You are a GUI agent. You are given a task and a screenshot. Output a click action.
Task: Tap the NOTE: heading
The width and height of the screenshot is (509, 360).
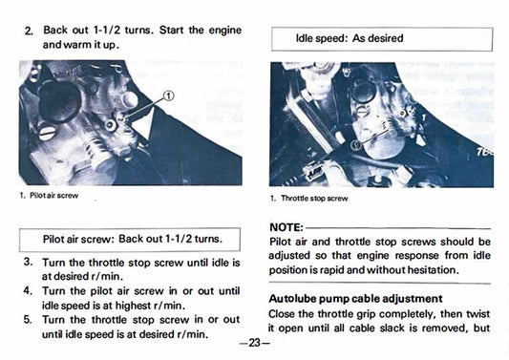pos(287,227)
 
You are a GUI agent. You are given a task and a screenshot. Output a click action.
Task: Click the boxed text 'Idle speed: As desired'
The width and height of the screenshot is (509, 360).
pos(350,38)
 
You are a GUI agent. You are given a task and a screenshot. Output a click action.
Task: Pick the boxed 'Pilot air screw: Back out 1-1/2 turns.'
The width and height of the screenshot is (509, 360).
pos(132,238)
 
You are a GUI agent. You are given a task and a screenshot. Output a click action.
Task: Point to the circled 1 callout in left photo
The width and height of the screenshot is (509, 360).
pos(168,95)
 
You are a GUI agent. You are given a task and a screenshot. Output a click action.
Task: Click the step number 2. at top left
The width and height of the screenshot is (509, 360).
pos(29,31)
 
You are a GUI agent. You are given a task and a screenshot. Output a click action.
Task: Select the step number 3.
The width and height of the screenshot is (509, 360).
pos(29,261)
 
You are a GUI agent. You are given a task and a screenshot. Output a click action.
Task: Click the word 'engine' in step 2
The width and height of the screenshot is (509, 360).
pos(223,31)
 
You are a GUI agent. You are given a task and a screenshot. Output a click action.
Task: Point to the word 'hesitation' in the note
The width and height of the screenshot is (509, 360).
pos(449,270)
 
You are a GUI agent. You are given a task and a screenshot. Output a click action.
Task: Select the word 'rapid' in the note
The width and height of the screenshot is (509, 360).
pos(343,270)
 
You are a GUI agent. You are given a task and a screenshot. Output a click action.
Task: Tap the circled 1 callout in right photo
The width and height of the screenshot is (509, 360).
pos(355,144)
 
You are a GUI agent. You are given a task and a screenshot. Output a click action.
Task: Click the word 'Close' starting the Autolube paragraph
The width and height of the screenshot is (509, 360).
pos(286,313)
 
